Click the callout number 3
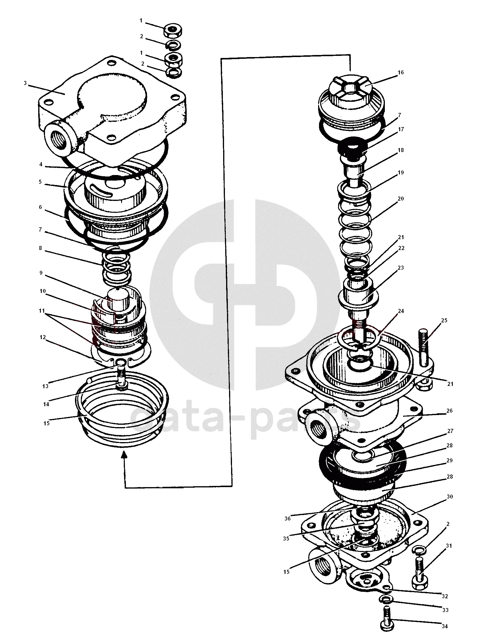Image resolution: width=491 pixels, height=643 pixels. click(25, 83)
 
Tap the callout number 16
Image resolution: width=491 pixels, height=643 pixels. click(401, 72)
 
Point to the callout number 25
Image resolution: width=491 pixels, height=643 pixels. click(444, 320)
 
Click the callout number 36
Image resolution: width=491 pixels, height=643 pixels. click(288, 518)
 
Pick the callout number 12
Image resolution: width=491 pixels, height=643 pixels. click(43, 337)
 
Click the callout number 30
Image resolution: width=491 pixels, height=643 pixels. click(450, 497)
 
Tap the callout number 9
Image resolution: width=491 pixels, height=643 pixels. click(41, 273)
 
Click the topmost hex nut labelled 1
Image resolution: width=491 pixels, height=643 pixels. click(173, 30)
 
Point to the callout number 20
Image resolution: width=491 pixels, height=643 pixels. click(400, 199)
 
